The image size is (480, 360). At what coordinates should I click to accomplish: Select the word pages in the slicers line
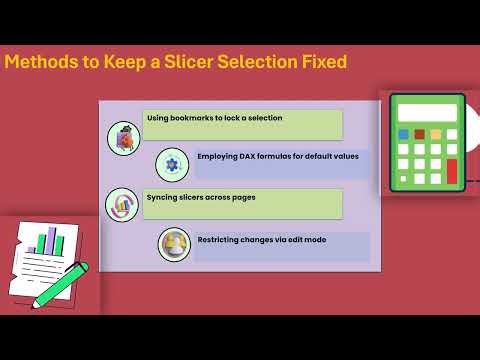coord(242,197)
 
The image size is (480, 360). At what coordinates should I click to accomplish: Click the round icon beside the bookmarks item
coord(123,138)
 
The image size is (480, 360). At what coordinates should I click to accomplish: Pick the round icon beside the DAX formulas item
coord(172,163)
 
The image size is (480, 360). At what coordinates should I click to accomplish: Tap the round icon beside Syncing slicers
coord(122,205)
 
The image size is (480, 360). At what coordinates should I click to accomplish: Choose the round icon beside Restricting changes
coord(174,245)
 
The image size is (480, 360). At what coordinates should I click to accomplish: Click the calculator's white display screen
coord(428,109)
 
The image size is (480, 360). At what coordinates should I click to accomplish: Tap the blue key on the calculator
coord(404,134)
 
